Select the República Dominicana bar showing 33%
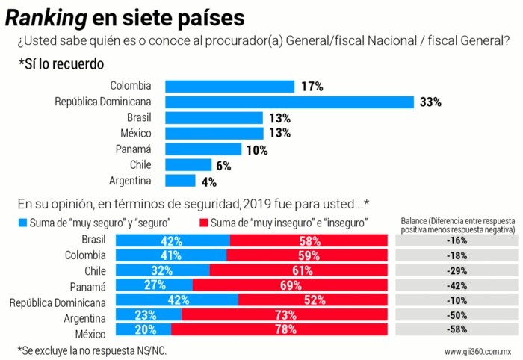pyautogui.click(x=289, y=102)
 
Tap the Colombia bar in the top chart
pyautogui.click(x=229, y=87)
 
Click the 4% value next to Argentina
pyautogui.click(x=208, y=181)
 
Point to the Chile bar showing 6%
pyautogui.click(x=188, y=165)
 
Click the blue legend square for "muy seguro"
pyautogui.click(x=22, y=222)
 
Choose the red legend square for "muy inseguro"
pyautogui.click(x=205, y=222)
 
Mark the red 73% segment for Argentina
pyautogui.click(x=284, y=315)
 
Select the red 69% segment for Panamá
pyautogui.click(x=290, y=285)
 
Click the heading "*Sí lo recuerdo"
pyautogui.click(x=61, y=64)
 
